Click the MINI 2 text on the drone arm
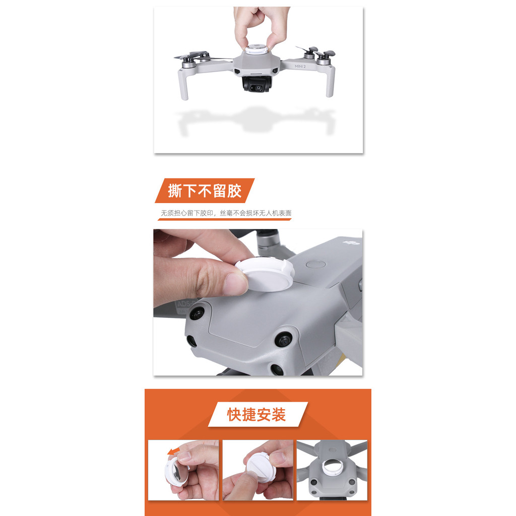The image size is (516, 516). point(300,66)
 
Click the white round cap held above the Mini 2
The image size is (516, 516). point(255,49)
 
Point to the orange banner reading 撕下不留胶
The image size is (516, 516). point(205,190)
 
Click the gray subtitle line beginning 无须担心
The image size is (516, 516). point(226,213)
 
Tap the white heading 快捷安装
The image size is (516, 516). point(256,414)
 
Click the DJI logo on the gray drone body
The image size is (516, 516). point(351,243)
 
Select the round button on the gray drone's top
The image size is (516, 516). point(315,264)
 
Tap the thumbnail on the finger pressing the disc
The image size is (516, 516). point(235,284)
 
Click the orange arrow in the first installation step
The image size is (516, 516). point(173,451)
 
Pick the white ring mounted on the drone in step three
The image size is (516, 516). point(333,467)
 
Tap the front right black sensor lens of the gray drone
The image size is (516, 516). point(283,339)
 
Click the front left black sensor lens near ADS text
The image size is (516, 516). point(197,313)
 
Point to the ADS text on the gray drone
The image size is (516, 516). point(186,303)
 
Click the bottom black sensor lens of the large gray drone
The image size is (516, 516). point(277,369)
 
